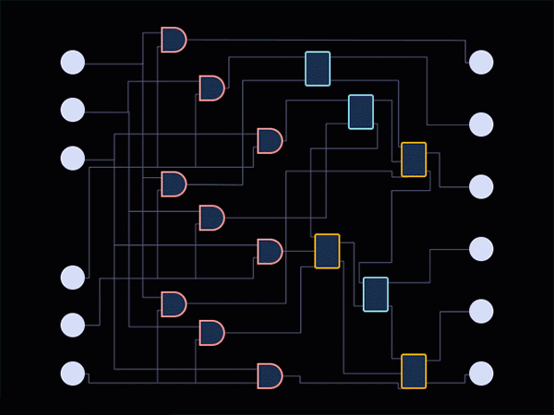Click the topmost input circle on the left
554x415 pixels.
coord(73,62)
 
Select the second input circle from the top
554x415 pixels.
coord(73,110)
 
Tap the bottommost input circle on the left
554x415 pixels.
coord(73,373)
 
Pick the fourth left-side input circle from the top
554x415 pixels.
coord(73,277)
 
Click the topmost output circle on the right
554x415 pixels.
coord(481,62)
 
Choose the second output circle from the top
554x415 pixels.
coord(481,125)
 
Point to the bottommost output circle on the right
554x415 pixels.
coord(481,373)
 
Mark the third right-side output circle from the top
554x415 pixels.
coord(481,186)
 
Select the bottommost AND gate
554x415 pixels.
coord(269,375)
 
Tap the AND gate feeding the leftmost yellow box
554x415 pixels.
coord(269,251)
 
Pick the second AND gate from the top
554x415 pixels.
coord(211,89)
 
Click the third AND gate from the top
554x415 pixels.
coord(269,141)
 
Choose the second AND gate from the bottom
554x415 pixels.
coord(211,332)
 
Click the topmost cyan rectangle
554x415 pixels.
coord(318,68)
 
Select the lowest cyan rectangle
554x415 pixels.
coord(376,294)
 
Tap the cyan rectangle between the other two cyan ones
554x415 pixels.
coord(361,112)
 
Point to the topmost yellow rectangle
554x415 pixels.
coord(414,159)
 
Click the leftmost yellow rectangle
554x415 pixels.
coord(327,251)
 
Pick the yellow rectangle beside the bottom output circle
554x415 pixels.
coord(414,371)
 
